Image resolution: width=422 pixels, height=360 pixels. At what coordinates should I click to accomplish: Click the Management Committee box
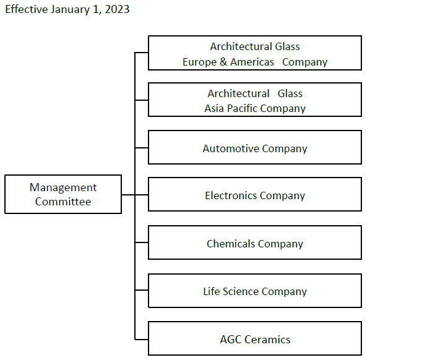[63, 194]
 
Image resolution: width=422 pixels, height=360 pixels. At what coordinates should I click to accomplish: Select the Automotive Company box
[255, 147]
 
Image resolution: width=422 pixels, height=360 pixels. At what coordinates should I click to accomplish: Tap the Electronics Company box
[255, 194]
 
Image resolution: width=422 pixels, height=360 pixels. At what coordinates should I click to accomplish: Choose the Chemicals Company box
[255, 242]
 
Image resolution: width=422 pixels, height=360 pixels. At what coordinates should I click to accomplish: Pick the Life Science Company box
[255, 291]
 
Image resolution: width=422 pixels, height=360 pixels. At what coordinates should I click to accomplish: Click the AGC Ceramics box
[255, 338]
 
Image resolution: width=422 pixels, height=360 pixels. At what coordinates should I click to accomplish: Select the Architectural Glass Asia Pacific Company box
[255, 100]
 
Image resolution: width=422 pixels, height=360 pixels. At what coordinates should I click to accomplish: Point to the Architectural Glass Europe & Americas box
[255, 53]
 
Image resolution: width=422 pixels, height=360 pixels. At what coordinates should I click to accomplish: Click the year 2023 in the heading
[118, 9]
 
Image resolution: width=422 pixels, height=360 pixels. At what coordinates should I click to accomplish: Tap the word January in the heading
[70, 10]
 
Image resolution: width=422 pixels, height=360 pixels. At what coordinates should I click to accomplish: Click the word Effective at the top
[27, 9]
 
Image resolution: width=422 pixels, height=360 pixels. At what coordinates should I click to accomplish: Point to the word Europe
[199, 62]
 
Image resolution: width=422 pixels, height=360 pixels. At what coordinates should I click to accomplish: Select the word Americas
[252, 62]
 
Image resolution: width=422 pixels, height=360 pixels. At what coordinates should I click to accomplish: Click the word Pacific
[242, 108]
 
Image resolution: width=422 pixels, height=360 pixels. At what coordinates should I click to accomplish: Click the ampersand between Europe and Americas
[223, 62]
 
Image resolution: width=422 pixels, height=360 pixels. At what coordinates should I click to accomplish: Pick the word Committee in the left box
[63, 202]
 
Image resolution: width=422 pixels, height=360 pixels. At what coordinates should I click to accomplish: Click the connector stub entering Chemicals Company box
[142, 242]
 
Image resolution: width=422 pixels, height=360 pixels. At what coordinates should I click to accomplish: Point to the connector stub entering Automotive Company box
[142, 147]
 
